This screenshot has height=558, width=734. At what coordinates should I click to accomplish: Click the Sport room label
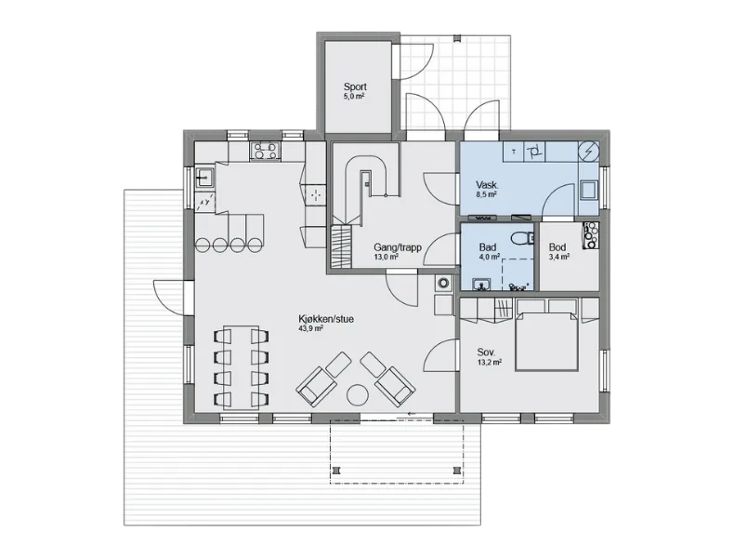[x=355, y=86]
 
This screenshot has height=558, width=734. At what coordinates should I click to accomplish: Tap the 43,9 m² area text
[x=310, y=329]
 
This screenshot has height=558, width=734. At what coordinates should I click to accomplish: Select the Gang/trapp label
[x=398, y=247]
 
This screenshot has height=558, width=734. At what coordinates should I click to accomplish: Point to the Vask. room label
[x=487, y=184]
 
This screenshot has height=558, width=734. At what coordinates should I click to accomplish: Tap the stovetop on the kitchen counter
[x=266, y=151]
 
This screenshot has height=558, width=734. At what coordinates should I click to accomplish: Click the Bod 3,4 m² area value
[x=559, y=257]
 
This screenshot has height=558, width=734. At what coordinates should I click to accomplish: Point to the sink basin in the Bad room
[x=481, y=285]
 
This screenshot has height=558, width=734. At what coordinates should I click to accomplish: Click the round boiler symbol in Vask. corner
[x=588, y=152]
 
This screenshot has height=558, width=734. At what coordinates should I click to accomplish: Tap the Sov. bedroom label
[x=486, y=352]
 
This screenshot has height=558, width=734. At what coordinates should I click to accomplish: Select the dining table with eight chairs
[x=241, y=367]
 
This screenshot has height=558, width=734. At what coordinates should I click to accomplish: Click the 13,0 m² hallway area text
[x=387, y=258]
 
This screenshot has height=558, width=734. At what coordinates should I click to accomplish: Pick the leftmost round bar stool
[x=203, y=244]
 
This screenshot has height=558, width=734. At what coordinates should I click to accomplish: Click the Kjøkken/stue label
[x=326, y=319]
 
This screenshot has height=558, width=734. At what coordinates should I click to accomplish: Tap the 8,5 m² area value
[x=486, y=194]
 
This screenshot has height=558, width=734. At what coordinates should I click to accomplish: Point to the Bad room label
[x=487, y=247]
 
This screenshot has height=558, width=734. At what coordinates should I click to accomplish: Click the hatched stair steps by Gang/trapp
[x=341, y=246]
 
